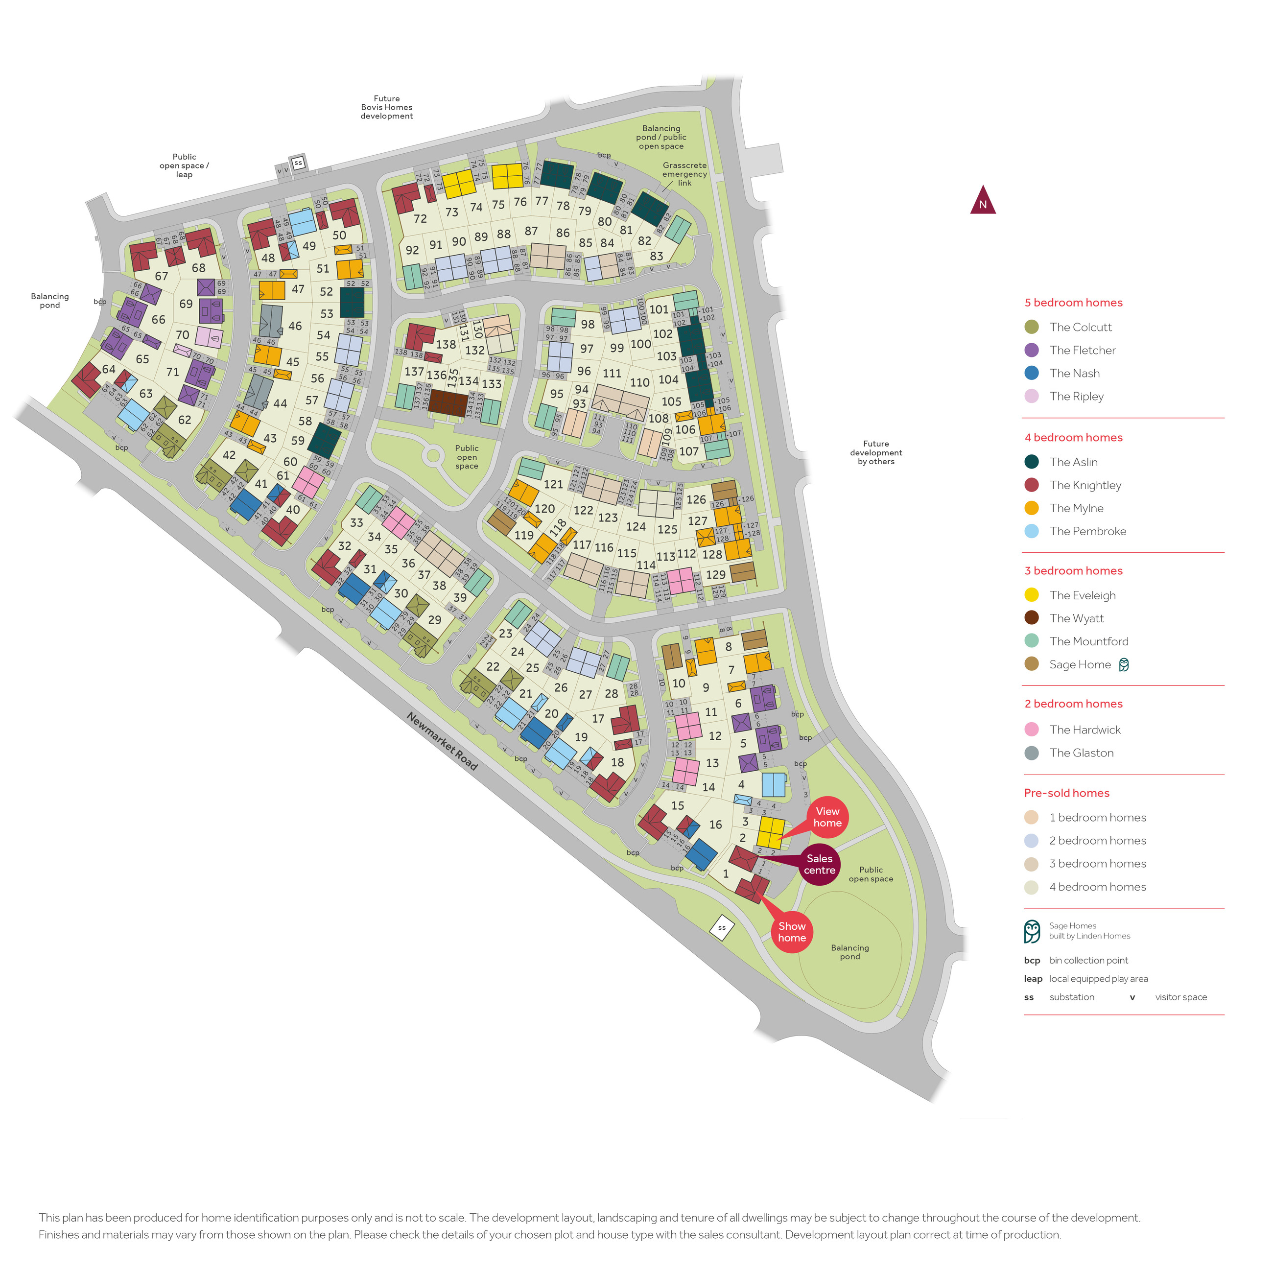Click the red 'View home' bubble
[x=827, y=817]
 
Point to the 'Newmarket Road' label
[x=442, y=741]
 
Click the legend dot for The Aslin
[x=1032, y=462]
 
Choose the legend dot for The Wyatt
[x=1032, y=618]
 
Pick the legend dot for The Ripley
[x=1032, y=396]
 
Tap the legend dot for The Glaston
[x=1032, y=753]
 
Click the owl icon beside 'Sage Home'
[x=1124, y=664]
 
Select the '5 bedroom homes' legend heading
[x=1073, y=303]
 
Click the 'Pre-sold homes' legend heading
[x=1067, y=793]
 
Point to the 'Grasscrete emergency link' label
[x=684, y=174]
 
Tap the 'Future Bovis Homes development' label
[x=387, y=107]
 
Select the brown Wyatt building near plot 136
[x=448, y=402]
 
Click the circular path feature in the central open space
[x=433, y=455]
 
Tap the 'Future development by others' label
[x=876, y=453]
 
